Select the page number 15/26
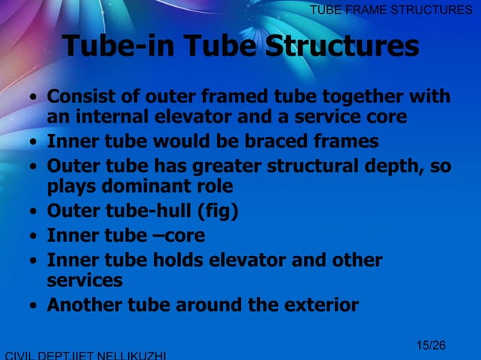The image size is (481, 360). [430, 346]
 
